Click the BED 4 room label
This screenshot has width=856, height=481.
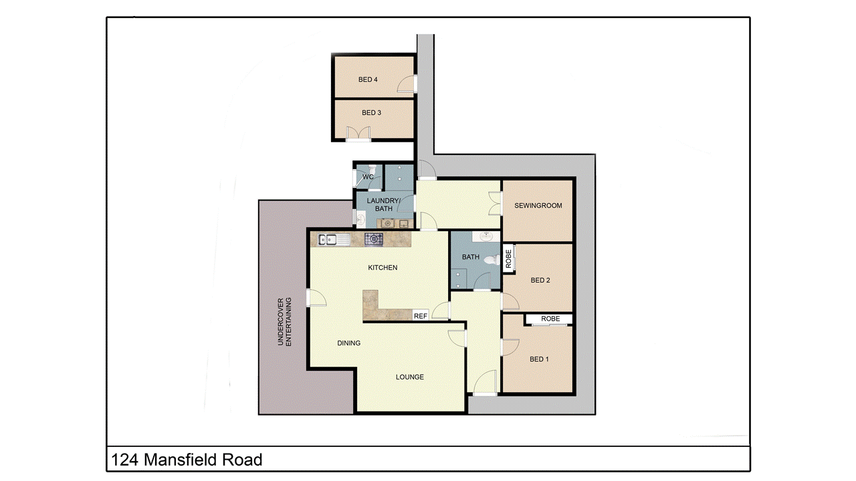pos(368,79)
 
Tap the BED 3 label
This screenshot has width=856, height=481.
pos(371,113)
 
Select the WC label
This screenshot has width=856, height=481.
pos(368,177)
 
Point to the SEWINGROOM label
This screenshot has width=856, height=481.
pos(538,206)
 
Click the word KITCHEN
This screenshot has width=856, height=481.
pos(383,268)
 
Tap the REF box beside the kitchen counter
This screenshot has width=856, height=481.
pos(421,316)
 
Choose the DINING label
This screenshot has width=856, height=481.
pos(348,343)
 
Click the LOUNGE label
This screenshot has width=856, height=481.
pos(409,377)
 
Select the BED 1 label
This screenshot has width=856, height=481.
pos(538,359)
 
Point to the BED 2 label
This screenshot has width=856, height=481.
pos(540,281)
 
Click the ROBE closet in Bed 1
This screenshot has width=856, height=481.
pos(550,319)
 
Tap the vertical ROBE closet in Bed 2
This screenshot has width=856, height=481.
pos(508,259)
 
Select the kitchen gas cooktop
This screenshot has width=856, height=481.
pos(373,238)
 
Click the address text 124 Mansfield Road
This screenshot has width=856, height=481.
pos(187,460)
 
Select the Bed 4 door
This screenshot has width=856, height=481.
pos(407,84)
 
